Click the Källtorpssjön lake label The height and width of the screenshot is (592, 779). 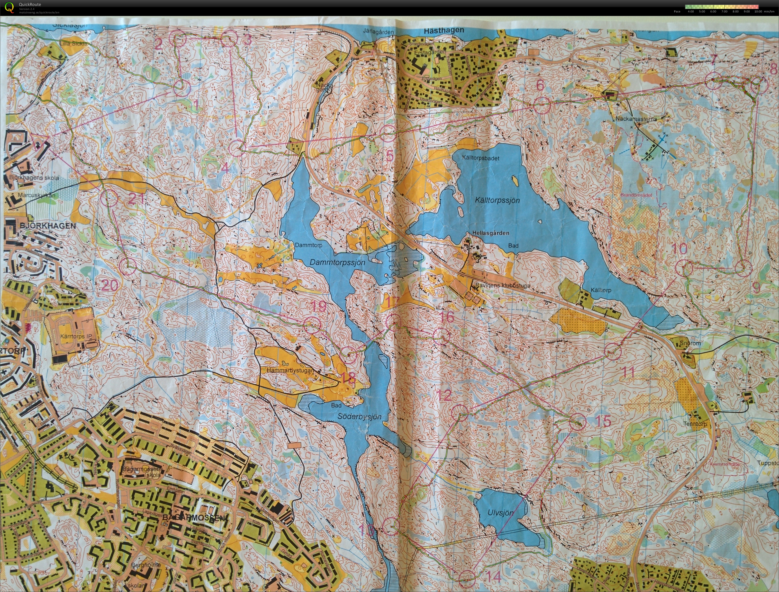[x=497, y=200]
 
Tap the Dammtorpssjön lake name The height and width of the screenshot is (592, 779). [x=337, y=263]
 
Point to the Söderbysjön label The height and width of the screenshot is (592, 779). [x=359, y=416]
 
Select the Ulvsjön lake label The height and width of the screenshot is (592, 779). [x=500, y=513]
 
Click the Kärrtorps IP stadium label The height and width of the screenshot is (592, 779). [x=76, y=336]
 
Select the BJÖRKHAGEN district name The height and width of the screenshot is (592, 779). [x=43, y=226]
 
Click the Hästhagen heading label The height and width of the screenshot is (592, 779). [x=444, y=30]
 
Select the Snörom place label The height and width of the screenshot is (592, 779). [x=690, y=343]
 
